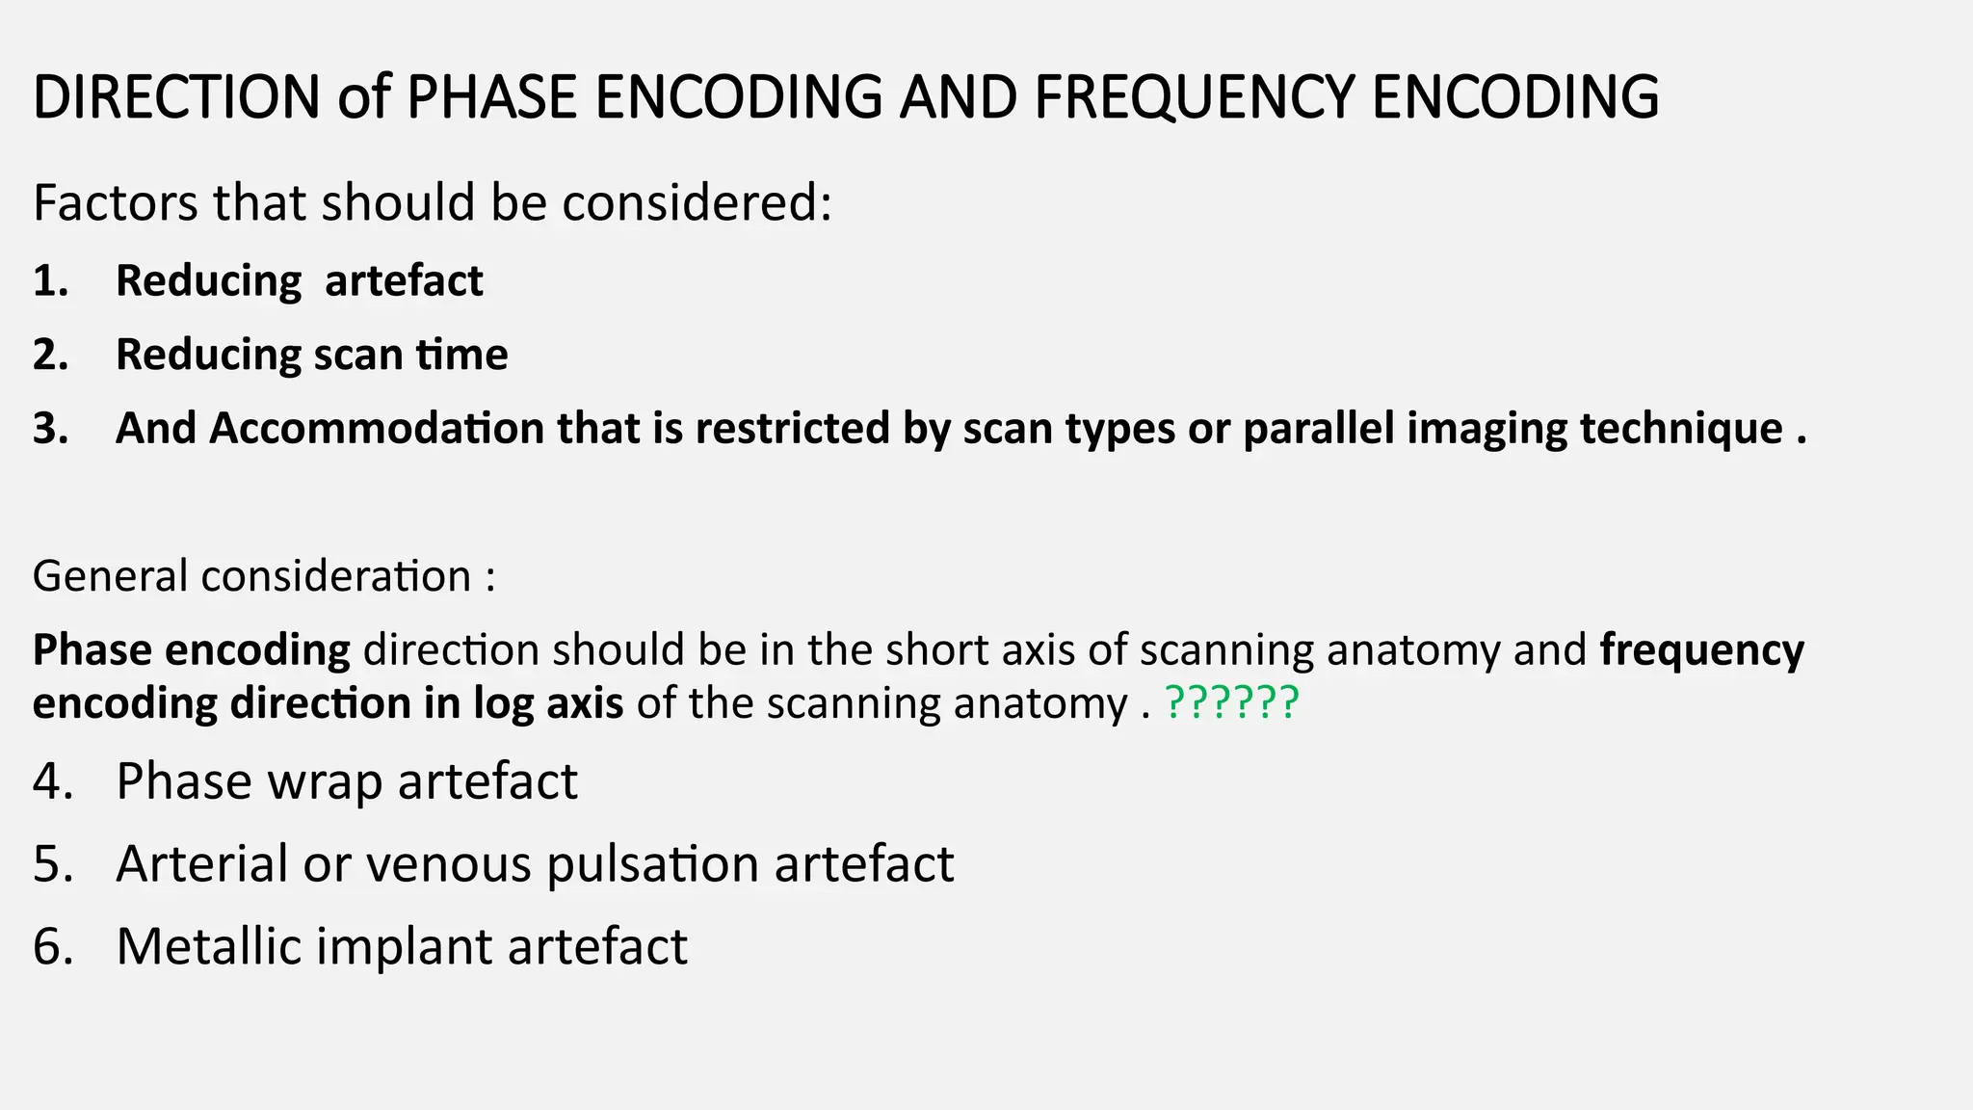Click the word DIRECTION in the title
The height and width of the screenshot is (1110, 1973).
click(176, 97)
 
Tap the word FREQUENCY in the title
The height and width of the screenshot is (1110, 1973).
click(1194, 97)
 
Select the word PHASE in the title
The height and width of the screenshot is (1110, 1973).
click(491, 97)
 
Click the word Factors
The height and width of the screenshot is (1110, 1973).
click(115, 203)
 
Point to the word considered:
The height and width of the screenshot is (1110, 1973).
click(697, 203)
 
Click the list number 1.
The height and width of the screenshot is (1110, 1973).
click(50, 281)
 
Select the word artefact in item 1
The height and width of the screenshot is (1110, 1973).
click(404, 281)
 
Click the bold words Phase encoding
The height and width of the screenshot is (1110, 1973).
click(191, 650)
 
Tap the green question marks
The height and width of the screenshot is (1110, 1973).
click(1232, 703)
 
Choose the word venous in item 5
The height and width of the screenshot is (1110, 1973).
click(448, 863)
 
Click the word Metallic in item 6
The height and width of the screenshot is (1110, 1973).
click(209, 946)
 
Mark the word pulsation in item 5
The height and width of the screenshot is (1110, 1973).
click(652, 863)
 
